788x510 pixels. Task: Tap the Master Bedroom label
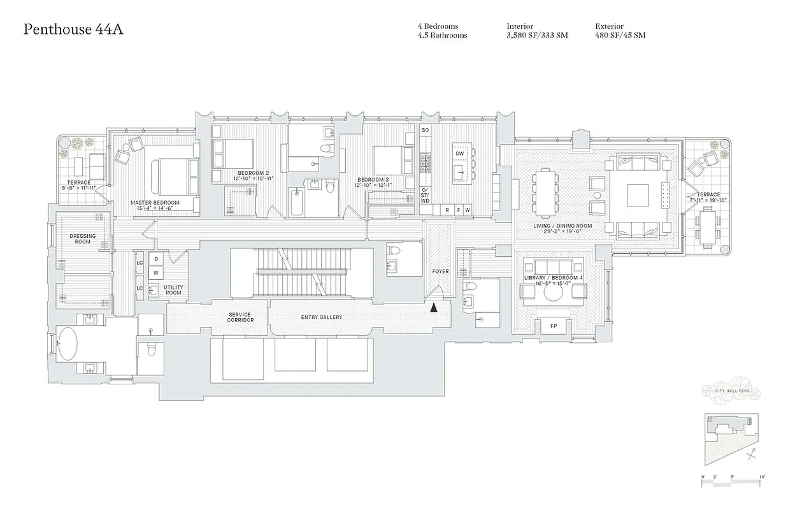(x=155, y=203)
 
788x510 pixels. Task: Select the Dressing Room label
(x=83, y=239)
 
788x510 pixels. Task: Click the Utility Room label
(x=173, y=290)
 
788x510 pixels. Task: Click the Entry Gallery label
(x=321, y=317)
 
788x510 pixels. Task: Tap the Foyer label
(x=440, y=272)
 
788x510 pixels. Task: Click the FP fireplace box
(x=554, y=326)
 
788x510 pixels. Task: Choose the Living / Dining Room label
(x=562, y=226)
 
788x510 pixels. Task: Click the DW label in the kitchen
(x=459, y=153)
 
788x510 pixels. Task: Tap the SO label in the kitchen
(x=425, y=130)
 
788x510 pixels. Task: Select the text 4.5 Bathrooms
(x=442, y=36)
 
